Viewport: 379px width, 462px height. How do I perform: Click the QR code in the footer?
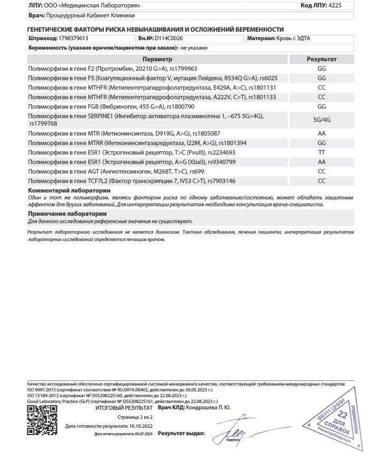(x=42, y=420)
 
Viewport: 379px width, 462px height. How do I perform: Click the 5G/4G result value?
(x=322, y=120)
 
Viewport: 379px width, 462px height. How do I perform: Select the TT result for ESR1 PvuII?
(x=322, y=152)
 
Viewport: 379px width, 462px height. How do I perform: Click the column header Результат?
(x=322, y=60)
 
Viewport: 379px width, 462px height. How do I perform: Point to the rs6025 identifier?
(x=268, y=78)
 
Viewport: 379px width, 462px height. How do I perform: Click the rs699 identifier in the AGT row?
(x=197, y=171)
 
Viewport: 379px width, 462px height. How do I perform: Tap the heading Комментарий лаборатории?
(x=69, y=190)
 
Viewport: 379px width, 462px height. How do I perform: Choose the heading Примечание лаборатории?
(x=67, y=214)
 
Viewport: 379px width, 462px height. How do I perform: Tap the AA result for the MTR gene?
(x=322, y=133)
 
